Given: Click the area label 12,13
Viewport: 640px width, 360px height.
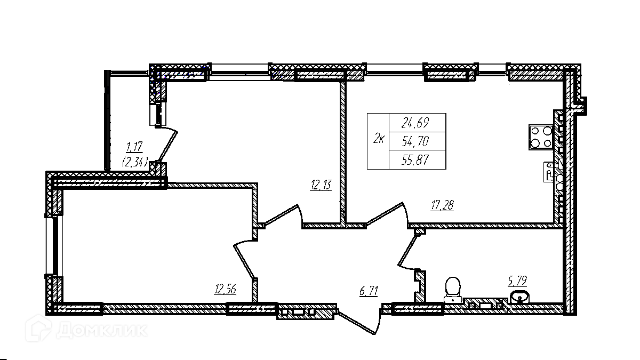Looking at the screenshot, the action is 320,185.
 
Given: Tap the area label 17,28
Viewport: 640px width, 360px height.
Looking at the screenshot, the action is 442,204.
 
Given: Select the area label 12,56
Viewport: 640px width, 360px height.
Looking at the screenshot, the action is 225,290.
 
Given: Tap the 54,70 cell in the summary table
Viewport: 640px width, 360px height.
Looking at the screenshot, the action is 418,141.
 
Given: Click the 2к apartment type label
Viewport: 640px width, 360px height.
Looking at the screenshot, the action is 379,140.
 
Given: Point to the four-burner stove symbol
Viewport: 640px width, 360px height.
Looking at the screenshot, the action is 540,137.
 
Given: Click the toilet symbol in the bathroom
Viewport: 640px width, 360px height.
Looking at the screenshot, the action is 453,289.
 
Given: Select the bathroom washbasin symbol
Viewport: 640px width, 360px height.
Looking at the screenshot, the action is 519,297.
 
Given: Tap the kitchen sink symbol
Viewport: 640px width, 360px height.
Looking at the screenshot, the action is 550,172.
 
